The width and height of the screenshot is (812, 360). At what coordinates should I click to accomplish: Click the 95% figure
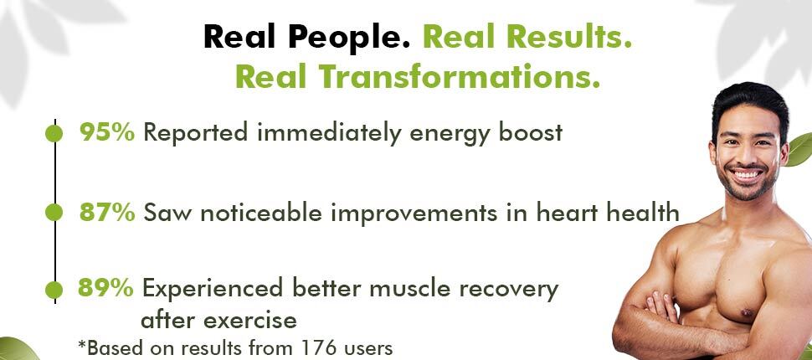point(106,132)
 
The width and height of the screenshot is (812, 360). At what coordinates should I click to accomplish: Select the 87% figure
point(107,213)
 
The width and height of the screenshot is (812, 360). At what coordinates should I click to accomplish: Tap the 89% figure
point(105,287)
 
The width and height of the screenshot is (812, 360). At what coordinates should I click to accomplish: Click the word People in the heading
point(349,38)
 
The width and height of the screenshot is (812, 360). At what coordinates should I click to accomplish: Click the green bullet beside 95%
point(54,133)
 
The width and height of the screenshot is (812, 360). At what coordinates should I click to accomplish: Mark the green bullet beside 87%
point(54,213)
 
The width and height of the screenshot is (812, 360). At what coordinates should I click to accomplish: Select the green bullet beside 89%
point(54,290)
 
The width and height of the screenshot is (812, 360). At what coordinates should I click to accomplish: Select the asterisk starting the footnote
point(81,344)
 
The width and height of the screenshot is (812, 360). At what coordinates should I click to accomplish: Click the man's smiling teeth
point(747,175)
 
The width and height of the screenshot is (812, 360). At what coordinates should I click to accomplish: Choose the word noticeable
point(261,213)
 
